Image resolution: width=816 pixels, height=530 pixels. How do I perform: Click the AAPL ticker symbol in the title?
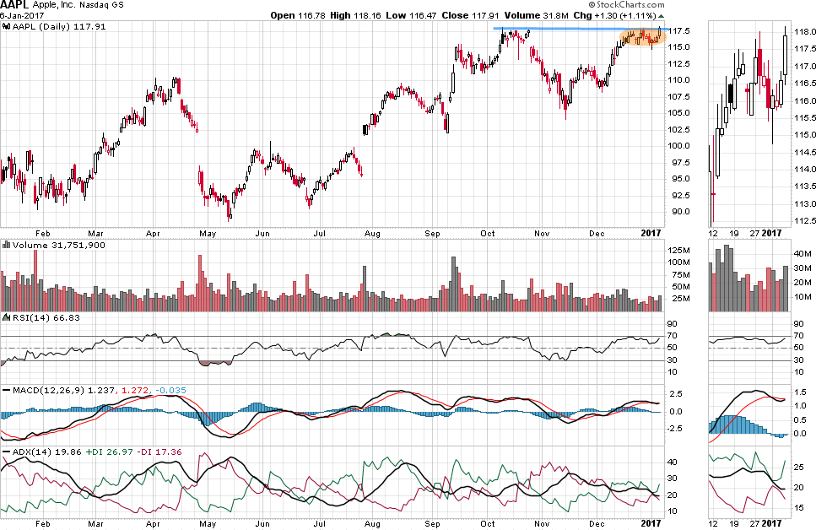pos(14,5)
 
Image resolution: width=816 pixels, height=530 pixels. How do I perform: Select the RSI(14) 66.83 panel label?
pos(37,317)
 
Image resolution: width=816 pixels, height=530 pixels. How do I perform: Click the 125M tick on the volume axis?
pos(681,251)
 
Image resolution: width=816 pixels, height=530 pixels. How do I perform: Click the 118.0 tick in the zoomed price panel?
pos(804,32)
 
